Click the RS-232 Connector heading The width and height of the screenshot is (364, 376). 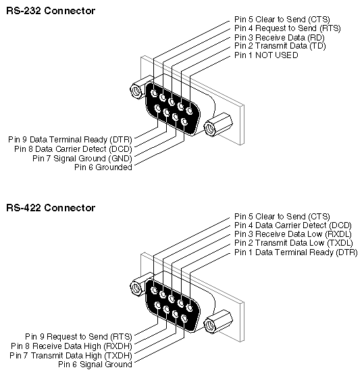pyautogui.click(x=51, y=11)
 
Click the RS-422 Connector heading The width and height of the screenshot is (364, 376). pyautogui.click(x=51, y=208)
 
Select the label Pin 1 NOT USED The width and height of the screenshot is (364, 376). pyautogui.click(x=266, y=55)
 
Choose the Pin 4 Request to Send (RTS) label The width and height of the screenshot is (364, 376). pyautogui.click(x=287, y=28)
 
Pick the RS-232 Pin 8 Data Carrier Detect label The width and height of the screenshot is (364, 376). pyautogui.click(x=74, y=149)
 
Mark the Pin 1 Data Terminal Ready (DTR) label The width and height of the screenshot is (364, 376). pyautogui.click(x=295, y=252)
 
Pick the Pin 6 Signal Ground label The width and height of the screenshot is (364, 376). pyautogui.click(x=95, y=364)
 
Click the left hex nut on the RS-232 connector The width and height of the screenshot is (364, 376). pyautogui.click(x=137, y=90)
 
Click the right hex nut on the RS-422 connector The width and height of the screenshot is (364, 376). pyautogui.click(x=220, y=323)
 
